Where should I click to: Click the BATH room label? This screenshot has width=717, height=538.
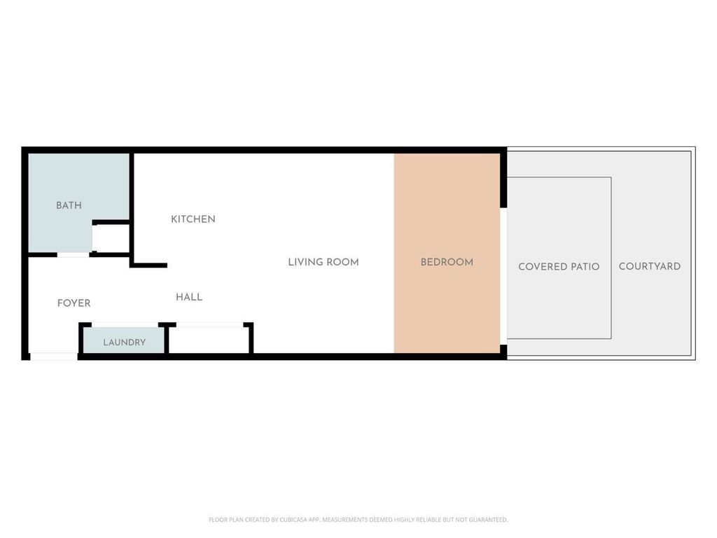69,205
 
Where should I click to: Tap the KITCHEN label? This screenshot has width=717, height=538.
193,219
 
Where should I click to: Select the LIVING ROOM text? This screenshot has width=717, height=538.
323,262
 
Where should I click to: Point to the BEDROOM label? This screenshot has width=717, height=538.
447,262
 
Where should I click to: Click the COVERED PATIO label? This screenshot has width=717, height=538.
559,267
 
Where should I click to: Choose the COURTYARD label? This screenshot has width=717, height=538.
649,266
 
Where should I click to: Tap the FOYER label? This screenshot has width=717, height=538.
74,303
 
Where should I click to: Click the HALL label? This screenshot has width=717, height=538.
189,297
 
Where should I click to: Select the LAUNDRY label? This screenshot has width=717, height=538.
125,342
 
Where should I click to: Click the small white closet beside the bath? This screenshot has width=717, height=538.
111,238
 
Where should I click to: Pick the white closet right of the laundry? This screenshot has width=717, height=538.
209,340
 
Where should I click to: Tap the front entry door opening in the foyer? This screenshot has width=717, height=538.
54,357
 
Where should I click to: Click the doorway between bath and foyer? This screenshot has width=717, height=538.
73,255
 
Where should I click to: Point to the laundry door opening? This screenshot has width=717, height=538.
125,325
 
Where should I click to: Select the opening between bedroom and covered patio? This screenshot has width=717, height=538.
503,276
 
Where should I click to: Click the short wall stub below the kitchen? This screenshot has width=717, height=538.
148,265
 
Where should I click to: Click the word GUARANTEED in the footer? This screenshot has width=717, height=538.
488,520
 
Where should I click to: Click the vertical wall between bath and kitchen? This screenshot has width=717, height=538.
132,209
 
